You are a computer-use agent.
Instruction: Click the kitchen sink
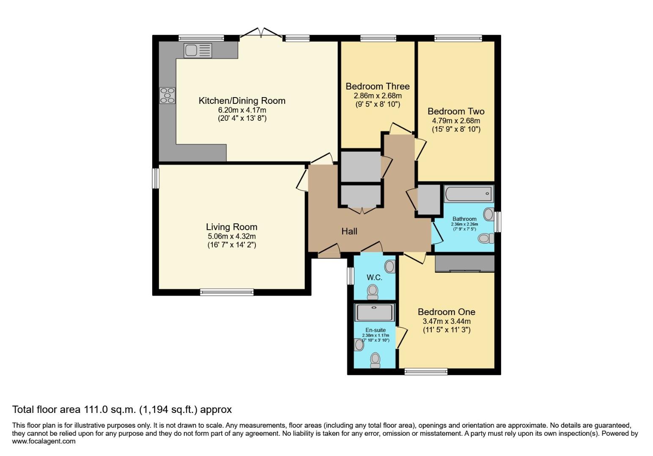(198, 51)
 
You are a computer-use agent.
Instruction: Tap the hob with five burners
(167, 95)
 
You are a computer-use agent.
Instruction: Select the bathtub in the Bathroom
(469, 194)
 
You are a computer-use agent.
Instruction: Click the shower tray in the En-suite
(374, 312)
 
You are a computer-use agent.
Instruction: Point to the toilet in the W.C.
(373, 292)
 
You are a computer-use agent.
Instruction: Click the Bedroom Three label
(378, 87)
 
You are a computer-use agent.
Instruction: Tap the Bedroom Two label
(456, 111)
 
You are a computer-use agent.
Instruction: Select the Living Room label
(231, 227)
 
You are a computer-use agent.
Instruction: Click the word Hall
(349, 231)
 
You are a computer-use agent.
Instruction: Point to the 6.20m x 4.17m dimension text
(242, 110)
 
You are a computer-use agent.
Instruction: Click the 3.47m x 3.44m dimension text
(447, 322)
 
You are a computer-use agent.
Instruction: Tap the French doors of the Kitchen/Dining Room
(261, 33)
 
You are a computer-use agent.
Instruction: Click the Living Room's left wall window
(156, 178)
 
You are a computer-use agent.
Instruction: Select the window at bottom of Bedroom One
(426, 371)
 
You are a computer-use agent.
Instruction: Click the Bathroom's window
(498, 222)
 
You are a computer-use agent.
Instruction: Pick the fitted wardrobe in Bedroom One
(465, 263)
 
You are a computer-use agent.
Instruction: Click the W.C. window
(350, 276)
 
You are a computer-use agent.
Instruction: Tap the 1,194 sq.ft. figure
(168, 410)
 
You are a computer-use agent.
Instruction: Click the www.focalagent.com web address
(44, 442)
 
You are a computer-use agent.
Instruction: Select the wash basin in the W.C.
(390, 266)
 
